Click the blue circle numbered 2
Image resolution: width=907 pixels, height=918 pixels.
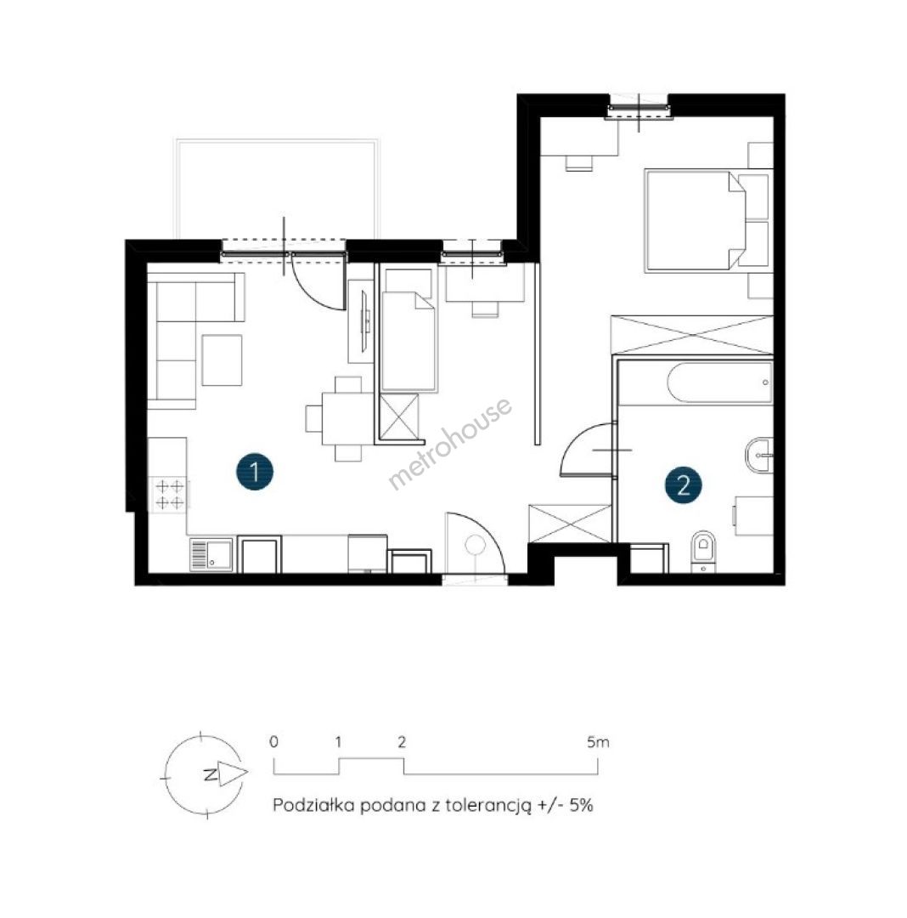click(x=683, y=484)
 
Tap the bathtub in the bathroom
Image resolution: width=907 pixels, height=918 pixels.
click(x=720, y=382)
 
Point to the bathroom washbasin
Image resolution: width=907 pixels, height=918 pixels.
click(x=759, y=453)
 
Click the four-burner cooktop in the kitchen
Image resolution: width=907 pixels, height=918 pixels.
click(x=170, y=494)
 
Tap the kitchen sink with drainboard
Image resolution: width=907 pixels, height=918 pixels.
click(x=211, y=554)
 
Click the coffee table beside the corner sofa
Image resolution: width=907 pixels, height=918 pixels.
click(x=222, y=360)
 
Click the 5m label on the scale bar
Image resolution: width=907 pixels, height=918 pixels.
click(x=598, y=742)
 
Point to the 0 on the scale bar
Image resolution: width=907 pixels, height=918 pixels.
click(x=273, y=742)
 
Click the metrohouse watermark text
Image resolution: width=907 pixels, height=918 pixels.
click(x=450, y=443)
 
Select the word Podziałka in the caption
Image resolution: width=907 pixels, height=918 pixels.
click(x=313, y=805)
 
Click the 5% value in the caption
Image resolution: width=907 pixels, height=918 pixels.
click(x=581, y=805)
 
